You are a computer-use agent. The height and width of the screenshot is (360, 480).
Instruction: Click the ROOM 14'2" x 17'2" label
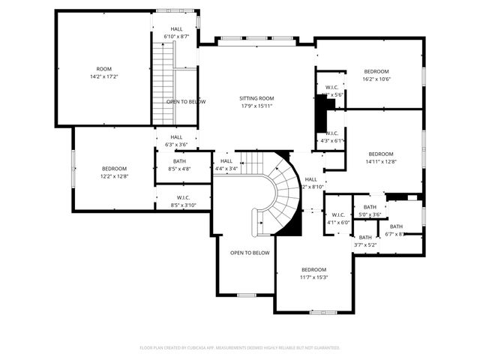(103, 73)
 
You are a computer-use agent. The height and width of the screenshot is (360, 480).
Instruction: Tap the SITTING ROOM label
(256, 102)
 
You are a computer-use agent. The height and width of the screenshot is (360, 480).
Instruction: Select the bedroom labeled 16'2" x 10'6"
(377, 76)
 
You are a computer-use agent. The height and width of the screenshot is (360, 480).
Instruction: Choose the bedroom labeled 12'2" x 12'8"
(114, 172)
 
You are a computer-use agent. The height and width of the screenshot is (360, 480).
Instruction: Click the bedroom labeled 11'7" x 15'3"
(313, 273)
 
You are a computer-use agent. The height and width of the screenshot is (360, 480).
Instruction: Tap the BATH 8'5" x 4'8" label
(179, 165)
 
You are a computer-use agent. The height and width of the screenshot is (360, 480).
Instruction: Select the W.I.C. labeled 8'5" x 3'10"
(183, 201)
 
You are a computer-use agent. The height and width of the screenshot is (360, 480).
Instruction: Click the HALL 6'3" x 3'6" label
(176, 141)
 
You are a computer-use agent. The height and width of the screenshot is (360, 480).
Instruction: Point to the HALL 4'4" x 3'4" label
(226, 165)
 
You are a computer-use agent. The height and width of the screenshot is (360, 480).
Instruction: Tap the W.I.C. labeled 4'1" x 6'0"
(338, 218)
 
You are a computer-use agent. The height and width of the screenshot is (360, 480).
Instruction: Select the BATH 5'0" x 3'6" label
(370, 211)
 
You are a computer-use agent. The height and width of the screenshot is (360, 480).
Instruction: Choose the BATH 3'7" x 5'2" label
(365, 241)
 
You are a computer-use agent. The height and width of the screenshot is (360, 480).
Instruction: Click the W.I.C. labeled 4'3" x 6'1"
(331, 136)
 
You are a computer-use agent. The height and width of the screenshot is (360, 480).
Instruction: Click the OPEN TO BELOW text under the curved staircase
(250, 253)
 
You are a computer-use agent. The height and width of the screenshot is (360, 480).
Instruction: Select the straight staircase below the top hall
(163, 82)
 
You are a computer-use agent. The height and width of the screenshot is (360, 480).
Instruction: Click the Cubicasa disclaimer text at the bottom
(240, 348)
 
